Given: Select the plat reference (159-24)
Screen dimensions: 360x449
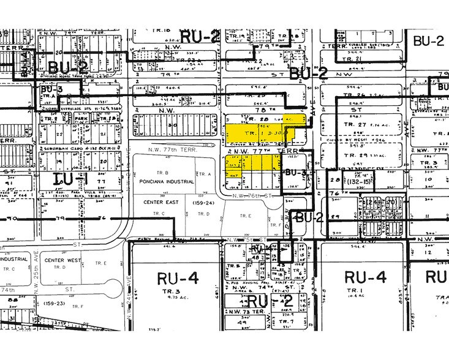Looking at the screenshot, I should tap(204, 201).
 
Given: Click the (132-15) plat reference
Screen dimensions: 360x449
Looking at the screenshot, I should tap(357, 182).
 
